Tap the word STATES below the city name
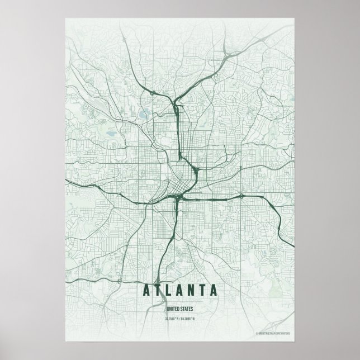(187, 308)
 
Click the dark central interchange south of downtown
(177, 197)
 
